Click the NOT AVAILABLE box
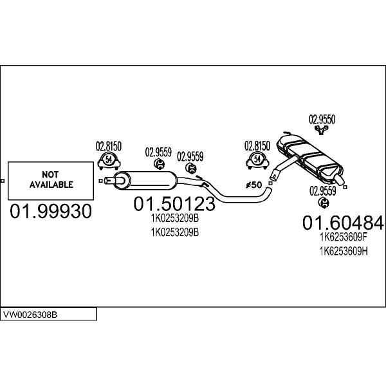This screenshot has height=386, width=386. (x=51, y=181)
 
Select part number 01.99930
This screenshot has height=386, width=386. (x=51, y=211)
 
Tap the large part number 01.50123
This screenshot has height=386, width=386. (x=174, y=203)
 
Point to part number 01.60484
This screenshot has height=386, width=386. (x=343, y=223)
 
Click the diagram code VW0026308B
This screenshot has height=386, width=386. (x=30, y=315)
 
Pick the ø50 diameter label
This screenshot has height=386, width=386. (x=254, y=185)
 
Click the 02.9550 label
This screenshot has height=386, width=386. (x=322, y=120)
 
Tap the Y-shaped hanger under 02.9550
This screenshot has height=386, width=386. (x=322, y=130)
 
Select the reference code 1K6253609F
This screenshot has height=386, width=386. (x=344, y=237)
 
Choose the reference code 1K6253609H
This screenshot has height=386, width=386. (x=344, y=252)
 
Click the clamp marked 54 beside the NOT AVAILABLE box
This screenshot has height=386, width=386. (x=109, y=161)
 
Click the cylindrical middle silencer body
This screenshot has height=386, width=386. (x=145, y=180)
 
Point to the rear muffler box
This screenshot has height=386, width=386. (x=309, y=156)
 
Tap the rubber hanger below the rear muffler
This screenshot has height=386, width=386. (x=324, y=202)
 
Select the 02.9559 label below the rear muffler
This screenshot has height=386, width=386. (x=323, y=191)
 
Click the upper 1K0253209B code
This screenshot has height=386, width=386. (x=175, y=218)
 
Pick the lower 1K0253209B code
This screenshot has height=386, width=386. (x=175, y=232)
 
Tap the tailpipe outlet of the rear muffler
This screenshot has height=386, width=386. (x=339, y=180)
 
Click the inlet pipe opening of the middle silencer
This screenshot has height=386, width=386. (x=107, y=181)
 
